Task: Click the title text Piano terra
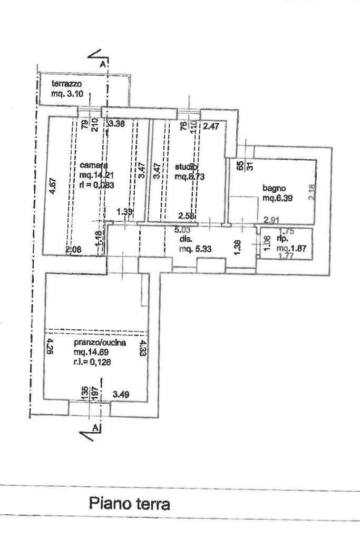[129, 504]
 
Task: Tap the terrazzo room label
[66, 84]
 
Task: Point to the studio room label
[186, 167]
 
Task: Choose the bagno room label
[274, 188]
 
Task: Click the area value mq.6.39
[278, 198]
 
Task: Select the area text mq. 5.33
[195, 250]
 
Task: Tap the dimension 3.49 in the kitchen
[122, 393]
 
